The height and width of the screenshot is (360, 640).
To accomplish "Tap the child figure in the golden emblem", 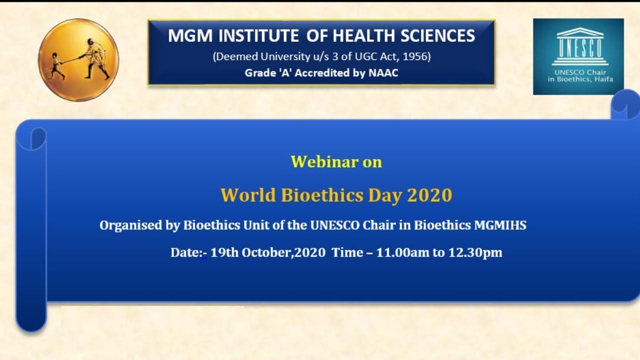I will (56, 66).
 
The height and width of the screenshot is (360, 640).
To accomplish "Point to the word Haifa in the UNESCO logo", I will (603, 79).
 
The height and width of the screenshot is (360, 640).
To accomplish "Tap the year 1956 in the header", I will (417, 56).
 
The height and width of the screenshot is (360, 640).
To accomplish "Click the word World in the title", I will (248, 194).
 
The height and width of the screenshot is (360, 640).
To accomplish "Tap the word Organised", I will (131, 225).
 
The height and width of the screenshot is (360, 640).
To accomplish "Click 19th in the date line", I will (224, 252).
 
